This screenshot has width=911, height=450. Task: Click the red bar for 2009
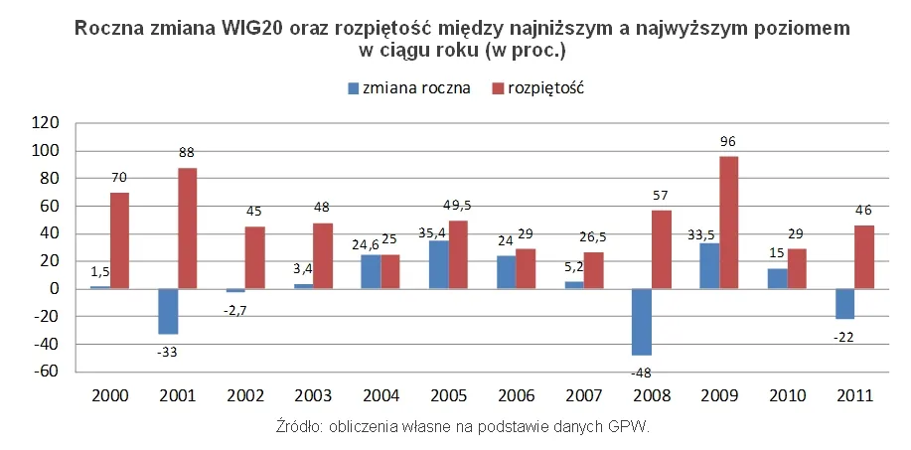[728, 223]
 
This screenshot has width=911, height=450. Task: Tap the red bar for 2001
[186, 228]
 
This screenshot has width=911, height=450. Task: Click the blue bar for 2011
[844, 304]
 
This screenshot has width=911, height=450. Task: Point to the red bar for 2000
[119, 240]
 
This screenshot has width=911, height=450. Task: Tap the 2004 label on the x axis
[380, 395]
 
